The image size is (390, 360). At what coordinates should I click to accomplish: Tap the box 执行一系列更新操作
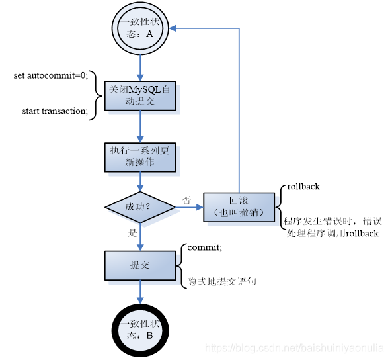pyautogui.click(x=140, y=156)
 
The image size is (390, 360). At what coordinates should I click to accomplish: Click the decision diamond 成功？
pyautogui.click(x=140, y=207)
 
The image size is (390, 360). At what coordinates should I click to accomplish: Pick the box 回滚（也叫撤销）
pyautogui.click(x=239, y=207)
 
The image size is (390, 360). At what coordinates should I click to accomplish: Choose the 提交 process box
pyautogui.click(x=140, y=265)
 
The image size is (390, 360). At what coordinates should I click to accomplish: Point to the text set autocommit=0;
pyautogui.click(x=50, y=76)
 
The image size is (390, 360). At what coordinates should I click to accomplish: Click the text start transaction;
pyautogui.click(x=55, y=111)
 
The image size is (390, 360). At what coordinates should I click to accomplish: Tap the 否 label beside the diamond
pyautogui.click(x=186, y=200)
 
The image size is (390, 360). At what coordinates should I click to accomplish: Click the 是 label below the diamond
pyautogui.click(x=133, y=234)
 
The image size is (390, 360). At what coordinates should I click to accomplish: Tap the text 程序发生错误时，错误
pyautogui.click(x=332, y=221)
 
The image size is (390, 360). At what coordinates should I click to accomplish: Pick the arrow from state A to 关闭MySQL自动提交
pyautogui.click(x=140, y=65)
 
